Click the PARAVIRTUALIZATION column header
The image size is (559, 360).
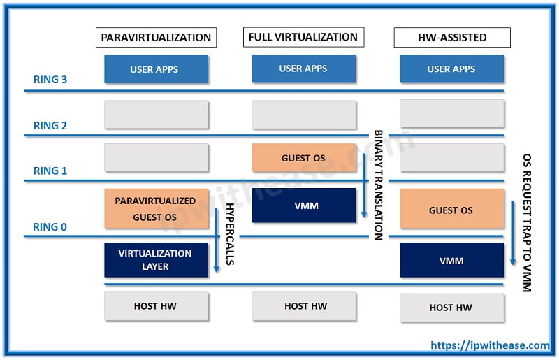156,37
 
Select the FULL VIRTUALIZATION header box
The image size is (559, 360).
303,37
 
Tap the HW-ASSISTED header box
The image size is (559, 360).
451,37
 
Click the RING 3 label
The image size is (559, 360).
50,80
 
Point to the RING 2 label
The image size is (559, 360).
50,126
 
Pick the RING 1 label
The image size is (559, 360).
50,171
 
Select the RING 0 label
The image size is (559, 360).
50,226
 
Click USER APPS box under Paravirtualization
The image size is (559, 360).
156,69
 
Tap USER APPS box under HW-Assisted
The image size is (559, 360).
451,69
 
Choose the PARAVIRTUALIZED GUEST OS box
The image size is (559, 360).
156,208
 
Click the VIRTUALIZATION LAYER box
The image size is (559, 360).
156,260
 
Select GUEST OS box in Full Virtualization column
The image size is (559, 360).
303,158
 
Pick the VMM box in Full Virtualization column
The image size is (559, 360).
303,206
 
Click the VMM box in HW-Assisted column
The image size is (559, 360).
451,261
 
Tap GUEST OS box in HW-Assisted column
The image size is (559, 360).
451,209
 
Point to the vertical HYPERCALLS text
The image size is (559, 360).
229,235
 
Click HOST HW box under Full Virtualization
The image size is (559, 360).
303,306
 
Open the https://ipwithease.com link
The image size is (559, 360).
489,345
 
